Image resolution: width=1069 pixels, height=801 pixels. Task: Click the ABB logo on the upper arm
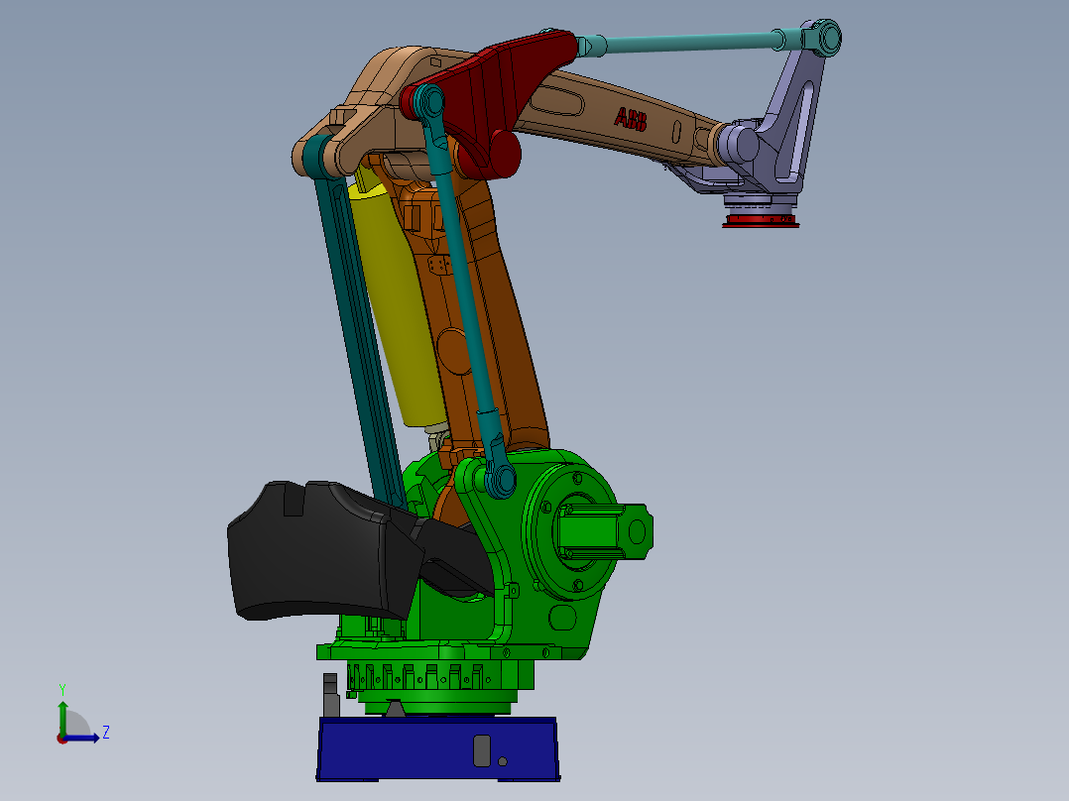click(x=631, y=120)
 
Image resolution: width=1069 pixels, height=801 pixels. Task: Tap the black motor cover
click(x=307, y=550)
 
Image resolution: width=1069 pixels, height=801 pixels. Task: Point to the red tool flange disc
click(x=761, y=220)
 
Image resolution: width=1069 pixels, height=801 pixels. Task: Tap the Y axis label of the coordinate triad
click(x=61, y=688)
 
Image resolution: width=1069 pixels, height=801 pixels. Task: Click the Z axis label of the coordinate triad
click(x=105, y=733)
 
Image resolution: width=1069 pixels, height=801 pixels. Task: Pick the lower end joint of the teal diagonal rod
click(x=499, y=480)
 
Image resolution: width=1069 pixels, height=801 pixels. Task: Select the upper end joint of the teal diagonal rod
click(x=428, y=100)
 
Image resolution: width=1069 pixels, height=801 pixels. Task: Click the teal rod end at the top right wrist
click(x=823, y=39)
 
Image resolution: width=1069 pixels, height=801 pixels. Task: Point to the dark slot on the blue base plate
click(x=482, y=749)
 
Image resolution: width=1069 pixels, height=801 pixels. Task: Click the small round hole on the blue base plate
click(x=503, y=761)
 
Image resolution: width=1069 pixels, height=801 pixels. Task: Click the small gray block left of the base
click(x=330, y=694)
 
